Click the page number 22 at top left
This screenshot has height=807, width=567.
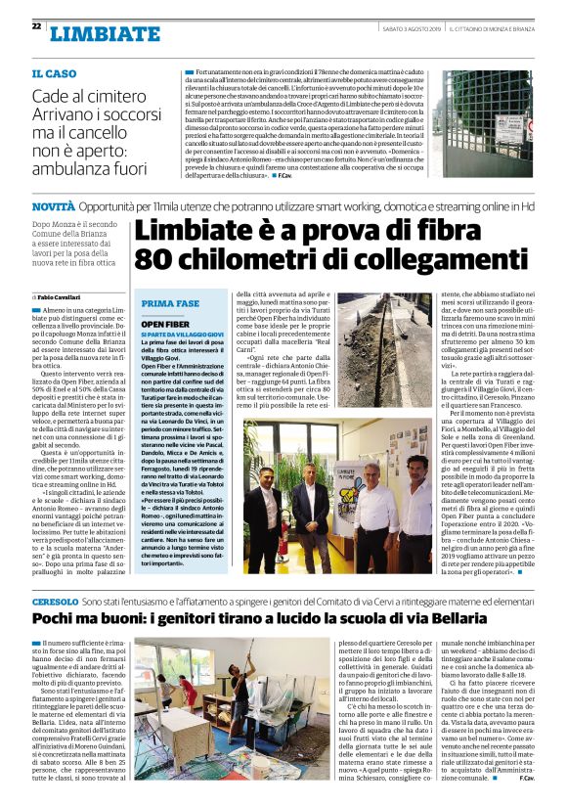click(x=36, y=25)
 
